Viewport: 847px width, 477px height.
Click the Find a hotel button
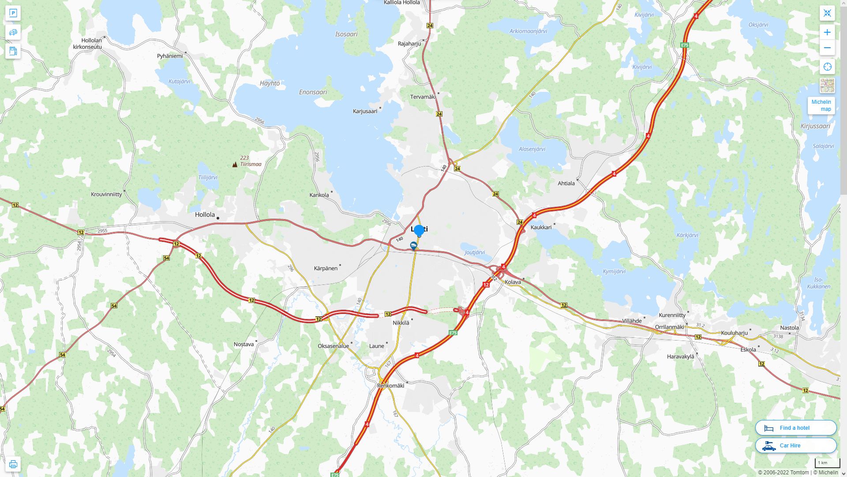point(795,428)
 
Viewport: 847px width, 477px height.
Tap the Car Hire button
point(795,445)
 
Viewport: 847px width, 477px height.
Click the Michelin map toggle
point(821,106)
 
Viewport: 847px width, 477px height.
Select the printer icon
point(13,464)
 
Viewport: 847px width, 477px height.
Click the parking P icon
point(13,13)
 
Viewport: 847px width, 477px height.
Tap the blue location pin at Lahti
point(419,230)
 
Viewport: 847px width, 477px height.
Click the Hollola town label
point(205,215)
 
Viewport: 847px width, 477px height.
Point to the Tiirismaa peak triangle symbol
point(235,164)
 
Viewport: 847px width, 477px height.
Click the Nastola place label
point(789,328)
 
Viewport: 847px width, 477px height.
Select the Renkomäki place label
point(390,386)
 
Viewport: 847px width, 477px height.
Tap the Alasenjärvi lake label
point(532,149)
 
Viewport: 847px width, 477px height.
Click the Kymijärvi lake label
point(614,272)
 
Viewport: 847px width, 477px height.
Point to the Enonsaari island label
point(313,92)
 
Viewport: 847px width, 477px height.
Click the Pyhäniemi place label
point(169,56)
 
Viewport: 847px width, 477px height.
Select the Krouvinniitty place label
point(106,194)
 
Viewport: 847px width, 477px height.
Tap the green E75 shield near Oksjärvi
point(684,45)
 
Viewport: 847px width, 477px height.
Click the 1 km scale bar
point(827,463)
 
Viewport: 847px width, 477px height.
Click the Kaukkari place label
point(541,227)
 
